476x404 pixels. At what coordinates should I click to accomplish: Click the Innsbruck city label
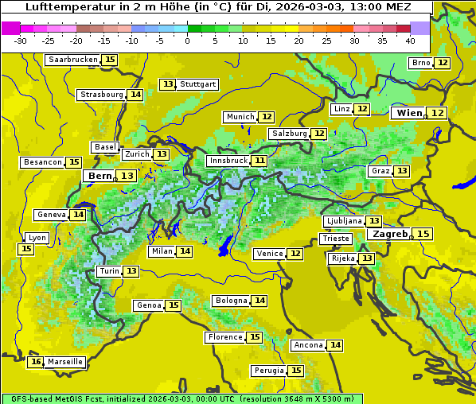point(228,161)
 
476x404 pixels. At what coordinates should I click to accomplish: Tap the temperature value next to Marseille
point(35,362)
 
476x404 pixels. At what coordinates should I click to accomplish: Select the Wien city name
point(409,114)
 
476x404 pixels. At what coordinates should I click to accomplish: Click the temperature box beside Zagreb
point(423,234)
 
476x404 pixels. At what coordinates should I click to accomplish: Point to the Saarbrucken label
point(73,60)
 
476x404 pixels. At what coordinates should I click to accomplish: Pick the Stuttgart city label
point(198,84)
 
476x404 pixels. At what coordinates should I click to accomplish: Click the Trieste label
point(335,239)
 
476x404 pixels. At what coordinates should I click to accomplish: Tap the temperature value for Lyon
point(26,249)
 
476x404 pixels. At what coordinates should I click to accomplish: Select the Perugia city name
point(268,371)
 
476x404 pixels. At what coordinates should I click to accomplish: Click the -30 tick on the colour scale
point(21,40)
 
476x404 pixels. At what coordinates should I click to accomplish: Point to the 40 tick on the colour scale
point(410,40)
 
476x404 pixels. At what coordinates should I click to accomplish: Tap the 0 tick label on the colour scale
point(188,40)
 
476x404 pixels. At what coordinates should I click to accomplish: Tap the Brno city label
point(421,63)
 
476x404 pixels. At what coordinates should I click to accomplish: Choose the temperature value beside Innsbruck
point(260,161)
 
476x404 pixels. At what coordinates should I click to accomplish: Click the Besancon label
point(43,162)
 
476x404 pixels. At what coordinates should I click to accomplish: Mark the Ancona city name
point(307,345)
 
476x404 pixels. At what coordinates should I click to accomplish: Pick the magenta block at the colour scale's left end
point(11,28)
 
